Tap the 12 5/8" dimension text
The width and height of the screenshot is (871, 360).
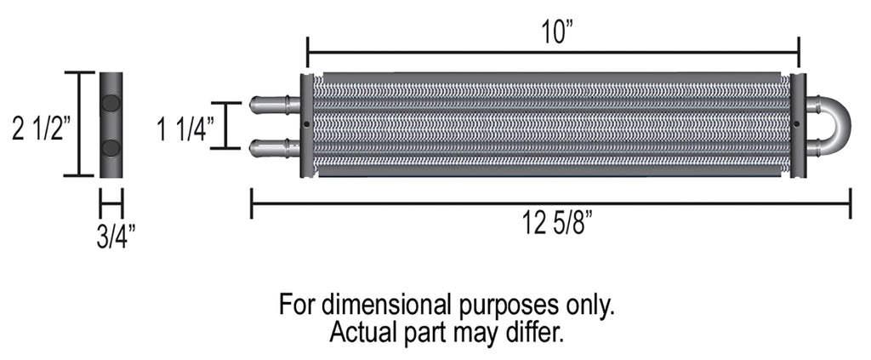tap(557, 226)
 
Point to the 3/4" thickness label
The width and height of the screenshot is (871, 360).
tap(111, 235)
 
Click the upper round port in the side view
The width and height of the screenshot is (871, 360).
tap(111, 104)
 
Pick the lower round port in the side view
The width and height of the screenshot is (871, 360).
tap(111, 148)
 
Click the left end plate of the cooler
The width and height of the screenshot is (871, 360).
tap(306, 126)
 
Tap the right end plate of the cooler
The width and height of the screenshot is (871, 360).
tap(798, 126)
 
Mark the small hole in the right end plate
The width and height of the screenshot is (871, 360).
tap(796, 124)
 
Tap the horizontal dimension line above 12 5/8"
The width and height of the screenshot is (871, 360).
tap(551, 203)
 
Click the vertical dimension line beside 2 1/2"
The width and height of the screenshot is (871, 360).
tap(80, 124)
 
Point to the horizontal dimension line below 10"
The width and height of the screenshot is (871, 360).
tap(553, 52)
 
